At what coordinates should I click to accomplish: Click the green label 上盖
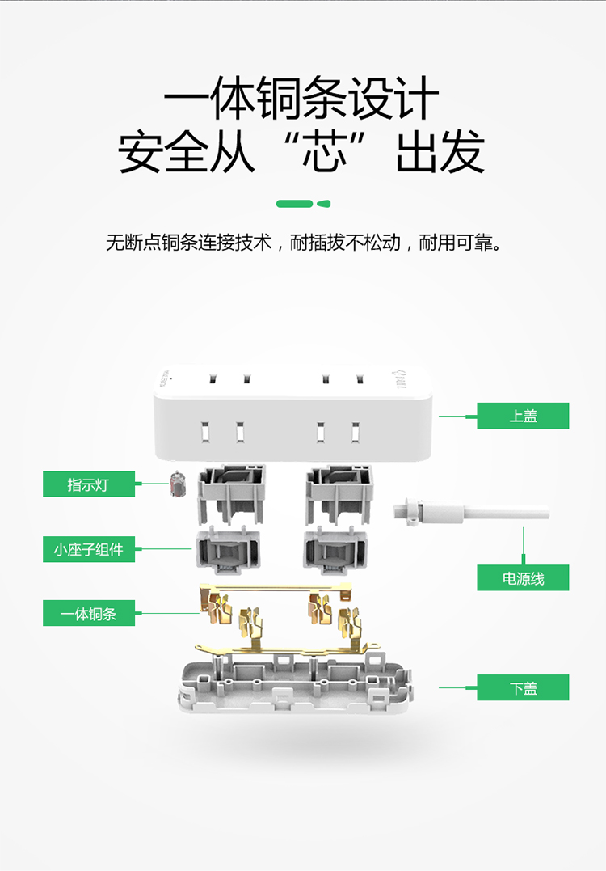[x=523, y=416]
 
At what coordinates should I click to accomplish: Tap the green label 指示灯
[x=89, y=484]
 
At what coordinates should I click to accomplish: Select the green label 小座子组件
[x=89, y=549]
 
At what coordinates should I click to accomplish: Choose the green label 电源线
[x=523, y=578]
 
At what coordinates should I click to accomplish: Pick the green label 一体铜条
[x=89, y=614]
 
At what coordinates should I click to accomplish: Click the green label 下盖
[x=523, y=688]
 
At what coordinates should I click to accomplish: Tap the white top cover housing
[x=291, y=412]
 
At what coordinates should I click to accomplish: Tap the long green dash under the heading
[x=294, y=204]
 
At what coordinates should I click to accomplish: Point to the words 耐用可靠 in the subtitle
[x=454, y=243]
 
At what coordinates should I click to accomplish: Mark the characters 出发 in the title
[x=440, y=152]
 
